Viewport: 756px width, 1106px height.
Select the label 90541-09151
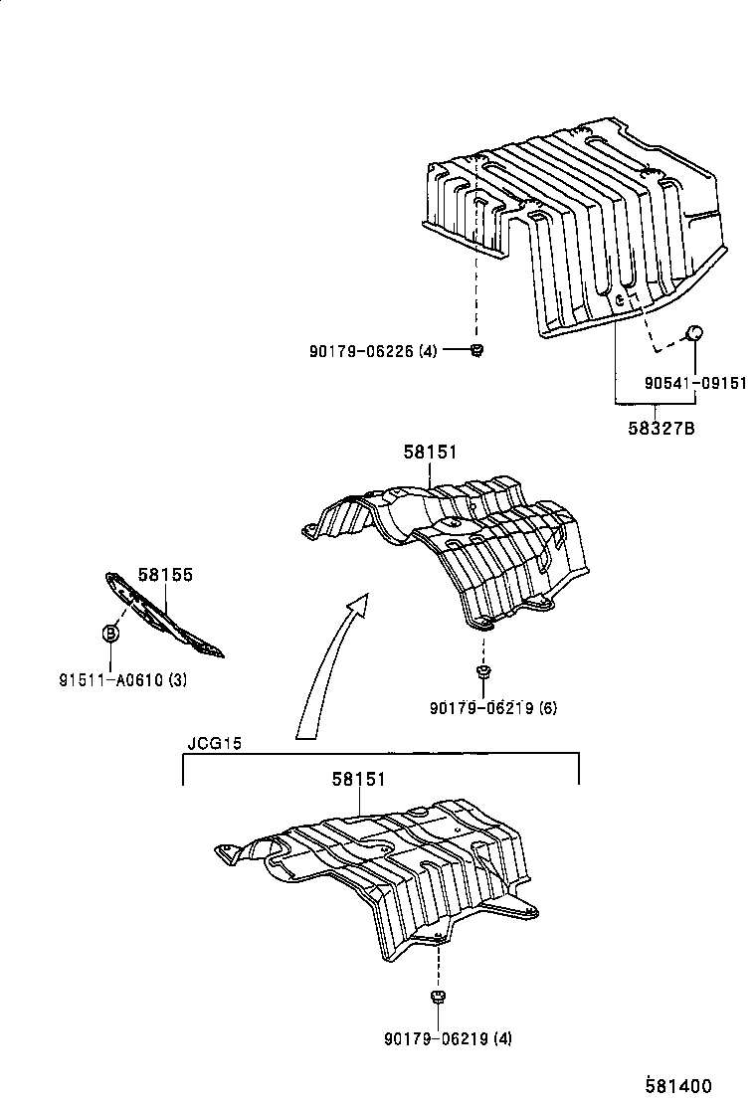coord(694,384)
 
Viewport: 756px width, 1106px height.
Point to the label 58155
coord(165,575)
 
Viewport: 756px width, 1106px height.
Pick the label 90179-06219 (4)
coord(448,1040)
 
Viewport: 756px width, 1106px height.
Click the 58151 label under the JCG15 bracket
coord(359,781)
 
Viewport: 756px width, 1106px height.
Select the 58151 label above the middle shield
coord(431,453)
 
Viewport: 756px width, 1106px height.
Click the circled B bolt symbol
coord(111,633)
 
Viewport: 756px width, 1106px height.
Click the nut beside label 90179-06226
coord(476,349)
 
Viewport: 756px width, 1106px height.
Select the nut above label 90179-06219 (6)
coord(482,673)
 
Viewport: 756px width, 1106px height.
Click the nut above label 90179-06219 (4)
coord(437,996)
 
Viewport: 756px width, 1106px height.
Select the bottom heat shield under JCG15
coord(388,875)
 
